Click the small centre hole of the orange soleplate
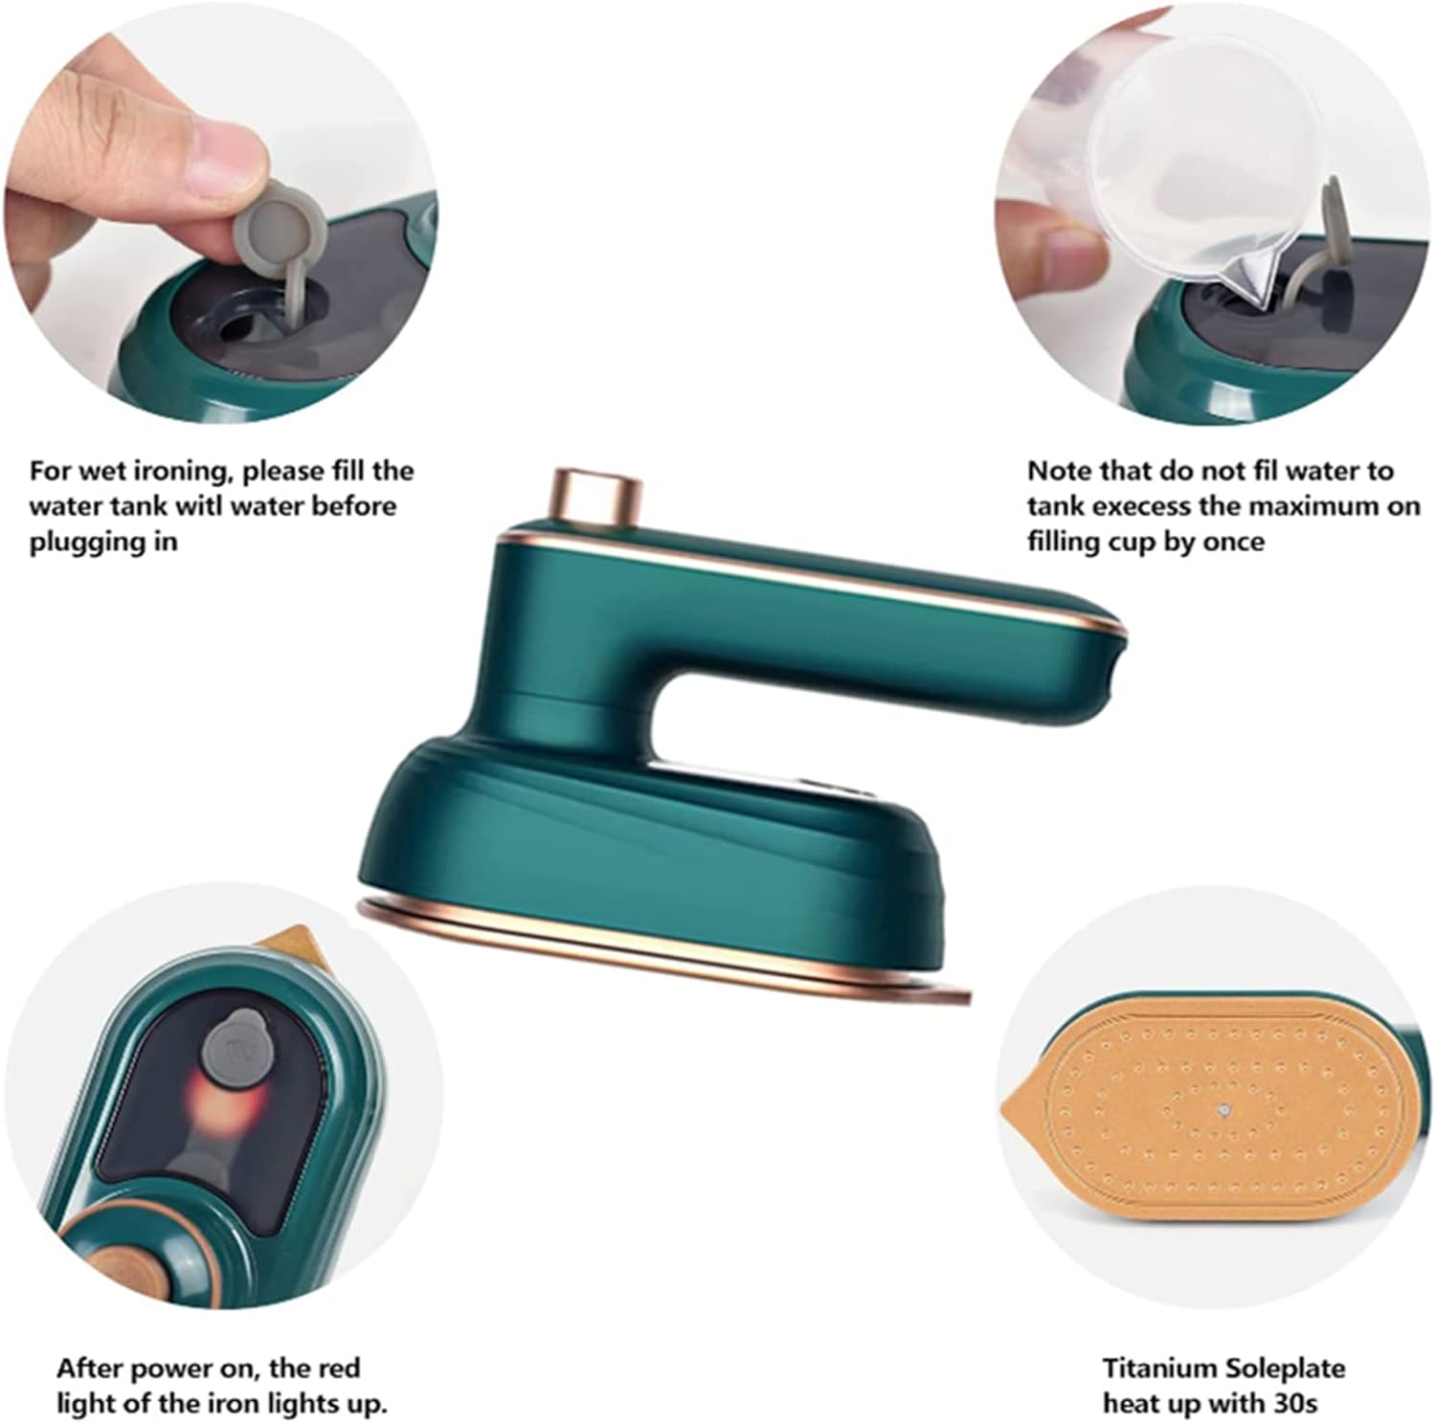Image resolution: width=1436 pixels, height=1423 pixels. coord(1225,1110)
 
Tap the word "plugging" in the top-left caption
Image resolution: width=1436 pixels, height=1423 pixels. coord(79,543)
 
